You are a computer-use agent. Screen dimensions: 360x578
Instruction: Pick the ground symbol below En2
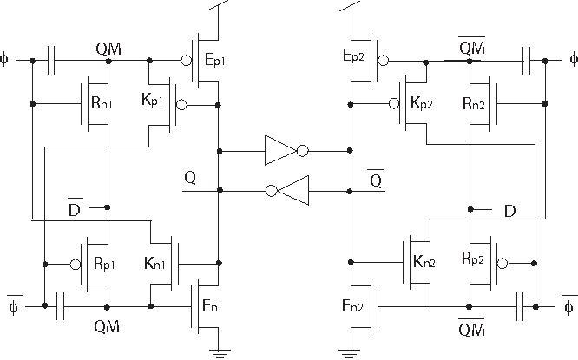[350, 351]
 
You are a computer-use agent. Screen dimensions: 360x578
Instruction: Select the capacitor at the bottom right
[523, 305]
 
